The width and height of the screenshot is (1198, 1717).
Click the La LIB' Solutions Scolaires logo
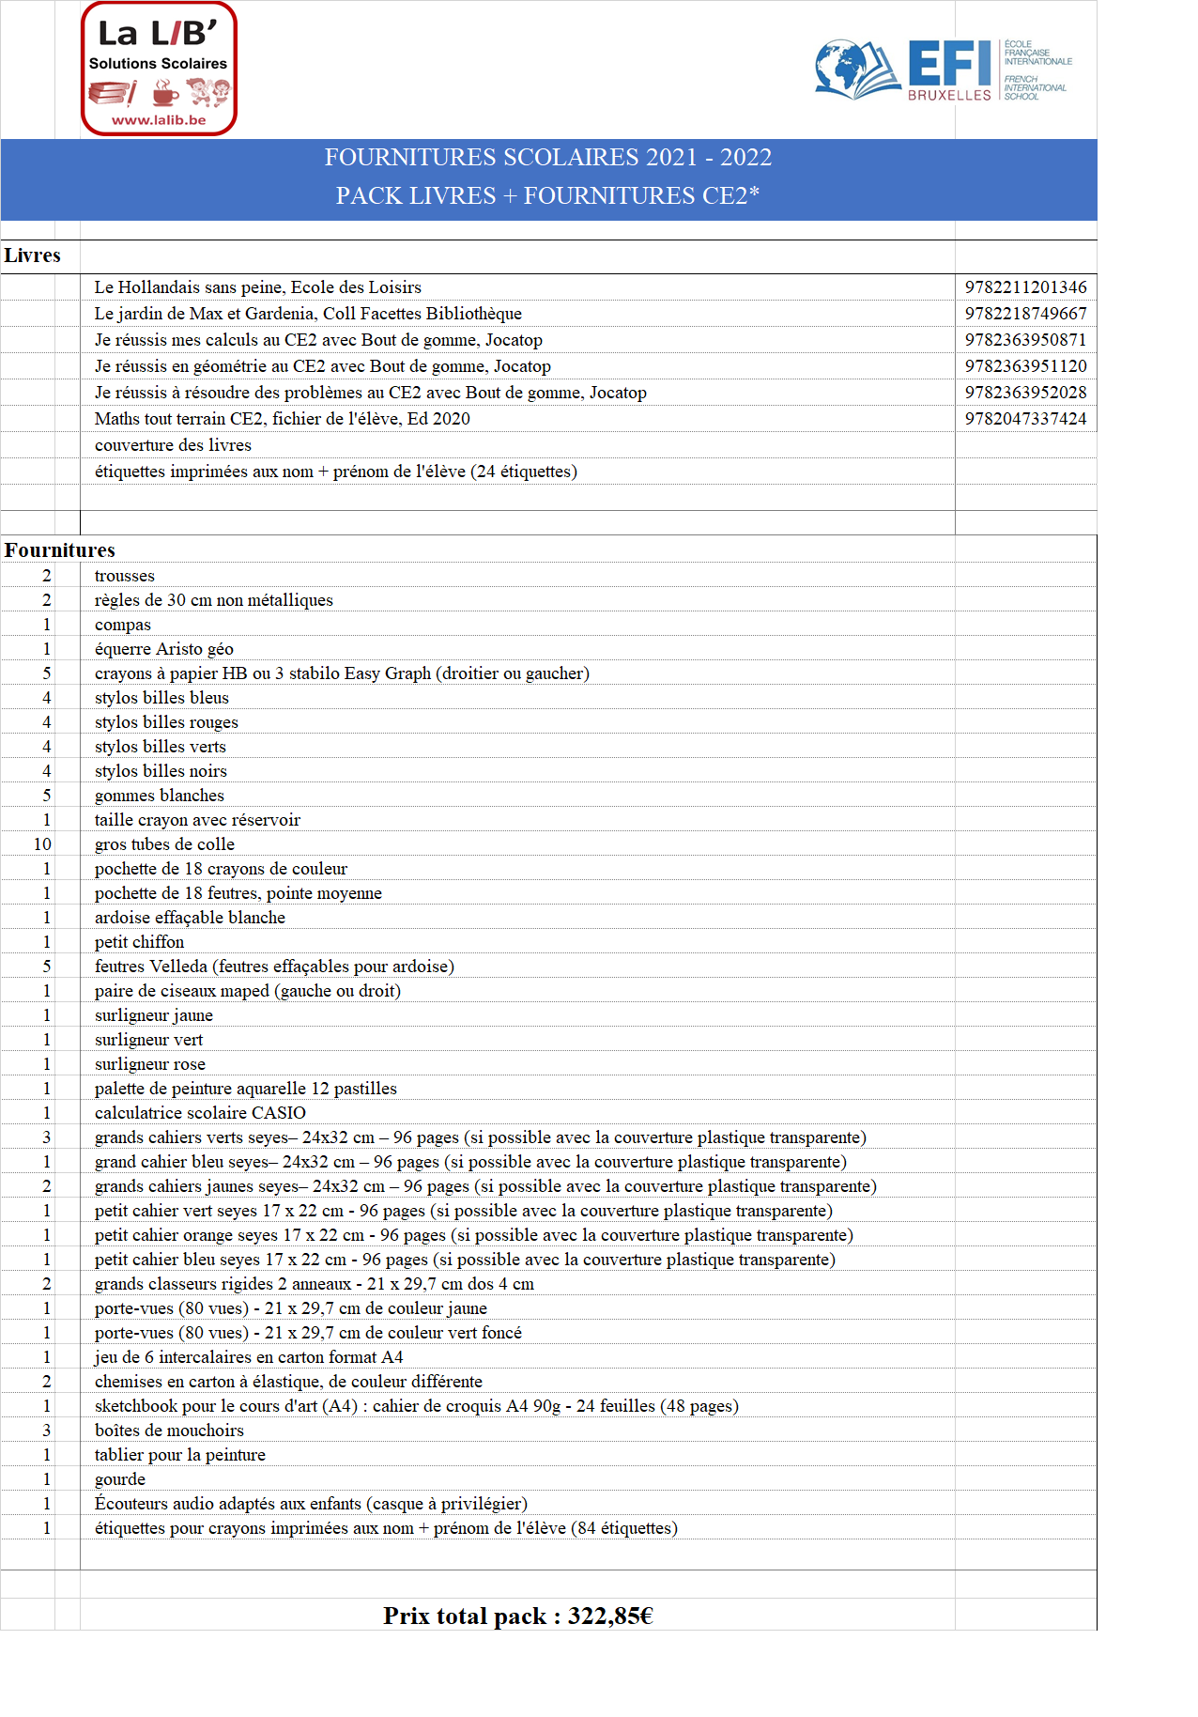click(159, 68)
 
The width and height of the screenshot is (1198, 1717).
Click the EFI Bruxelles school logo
click(943, 70)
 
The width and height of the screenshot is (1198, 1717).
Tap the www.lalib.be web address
click(159, 120)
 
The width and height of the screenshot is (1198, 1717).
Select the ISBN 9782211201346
click(1025, 287)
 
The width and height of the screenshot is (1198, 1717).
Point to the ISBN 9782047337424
click(1025, 419)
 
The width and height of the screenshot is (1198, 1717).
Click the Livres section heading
click(32, 255)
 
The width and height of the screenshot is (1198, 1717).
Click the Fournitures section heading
click(60, 550)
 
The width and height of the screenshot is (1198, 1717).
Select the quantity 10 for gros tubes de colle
click(42, 844)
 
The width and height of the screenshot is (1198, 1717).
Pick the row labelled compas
click(123, 625)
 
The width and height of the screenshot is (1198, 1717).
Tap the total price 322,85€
click(609, 1616)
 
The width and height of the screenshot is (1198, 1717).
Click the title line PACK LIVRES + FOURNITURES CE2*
click(547, 195)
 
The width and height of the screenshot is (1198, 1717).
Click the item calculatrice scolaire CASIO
click(200, 1113)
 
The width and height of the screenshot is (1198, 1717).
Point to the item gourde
click(120, 1479)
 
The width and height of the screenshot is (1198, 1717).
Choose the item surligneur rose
click(150, 1064)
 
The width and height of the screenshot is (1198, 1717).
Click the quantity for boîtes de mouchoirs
click(46, 1431)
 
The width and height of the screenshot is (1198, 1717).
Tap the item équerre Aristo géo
click(164, 649)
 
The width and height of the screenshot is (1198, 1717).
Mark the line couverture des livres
click(173, 445)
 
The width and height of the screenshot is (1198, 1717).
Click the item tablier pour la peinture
click(180, 1455)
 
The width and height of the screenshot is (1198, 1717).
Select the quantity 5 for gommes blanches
click(46, 796)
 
